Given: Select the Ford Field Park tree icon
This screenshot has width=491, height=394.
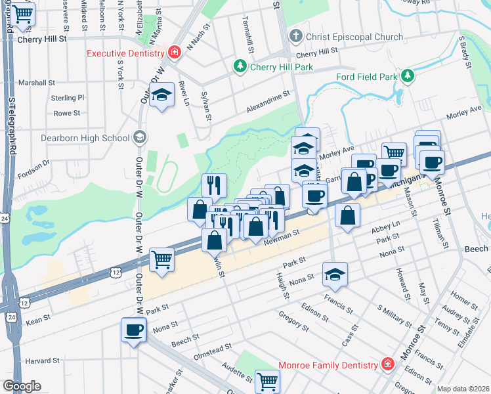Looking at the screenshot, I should tap(408, 76).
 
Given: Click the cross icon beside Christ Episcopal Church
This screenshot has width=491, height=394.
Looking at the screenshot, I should tap(297, 37).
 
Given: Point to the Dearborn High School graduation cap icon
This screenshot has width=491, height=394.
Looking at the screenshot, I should tap(139, 137).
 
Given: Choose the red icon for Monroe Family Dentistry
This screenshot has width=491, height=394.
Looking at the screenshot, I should tap(388, 364).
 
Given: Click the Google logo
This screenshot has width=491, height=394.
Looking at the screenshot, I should tap(22, 386).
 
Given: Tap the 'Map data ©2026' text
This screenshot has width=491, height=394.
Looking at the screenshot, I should tap(463, 389).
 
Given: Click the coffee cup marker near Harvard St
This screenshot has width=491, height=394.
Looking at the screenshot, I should tap(134, 330).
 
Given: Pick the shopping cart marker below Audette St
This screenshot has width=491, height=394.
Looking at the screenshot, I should tap(267, 381).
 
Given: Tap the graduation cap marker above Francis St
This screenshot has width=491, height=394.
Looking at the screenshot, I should tap(335, 274).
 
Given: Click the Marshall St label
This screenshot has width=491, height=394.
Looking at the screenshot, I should tap(37, 83).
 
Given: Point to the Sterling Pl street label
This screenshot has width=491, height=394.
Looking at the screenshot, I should tap(68, 98).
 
